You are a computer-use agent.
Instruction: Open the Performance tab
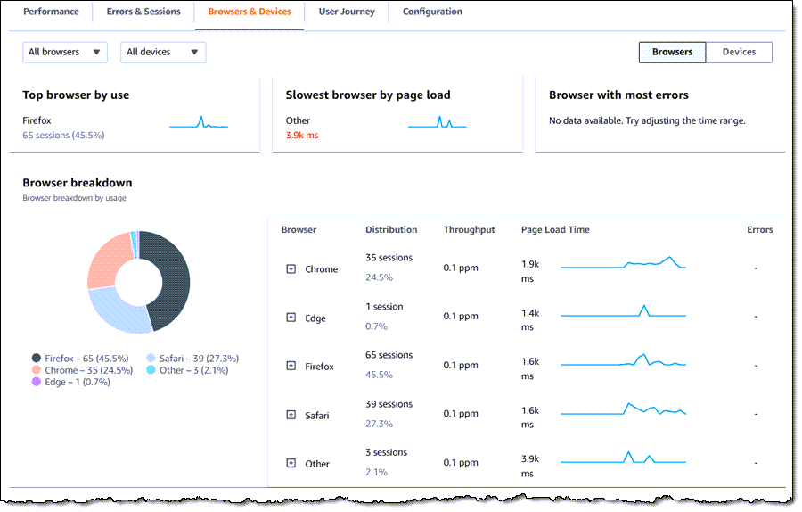click(51, 12)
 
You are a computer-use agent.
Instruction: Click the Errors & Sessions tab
click(143, 12)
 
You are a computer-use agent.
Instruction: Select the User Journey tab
click(347, 12)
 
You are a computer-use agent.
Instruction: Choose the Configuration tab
click(432, 12)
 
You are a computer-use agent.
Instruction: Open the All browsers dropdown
click(65, 53)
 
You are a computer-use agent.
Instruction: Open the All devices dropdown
click(162, 53)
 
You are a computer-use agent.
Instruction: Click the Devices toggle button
click(739, 53)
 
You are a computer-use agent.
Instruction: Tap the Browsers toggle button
click(672, 53)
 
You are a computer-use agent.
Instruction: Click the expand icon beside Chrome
click(291, 268)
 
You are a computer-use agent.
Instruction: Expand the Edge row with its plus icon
click(291, 318)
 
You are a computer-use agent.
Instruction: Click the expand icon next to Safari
click(291, 415)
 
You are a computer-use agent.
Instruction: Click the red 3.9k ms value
click(302, 136)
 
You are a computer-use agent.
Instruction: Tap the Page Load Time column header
click(555, 230)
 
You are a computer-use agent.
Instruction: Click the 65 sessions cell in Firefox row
click(389, 355)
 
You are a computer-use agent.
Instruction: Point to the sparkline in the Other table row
click(623, 459)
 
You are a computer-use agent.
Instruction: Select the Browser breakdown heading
click(77, 183)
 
